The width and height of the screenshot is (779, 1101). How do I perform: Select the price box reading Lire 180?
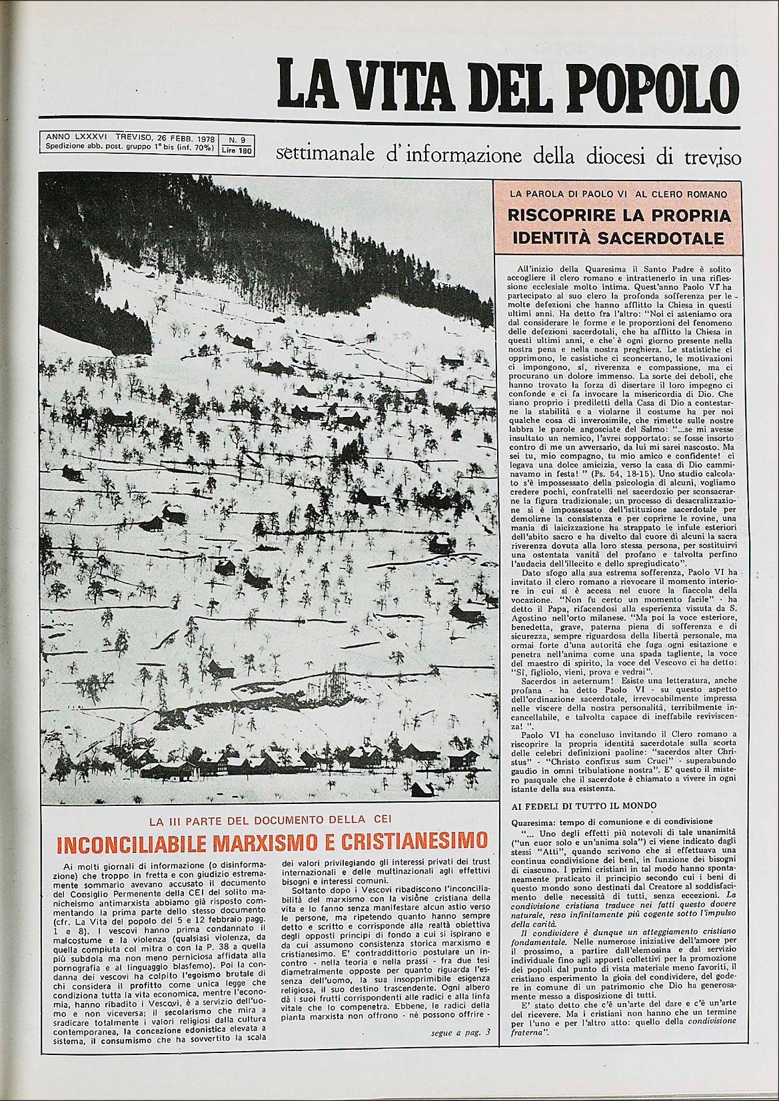point(237,151)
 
